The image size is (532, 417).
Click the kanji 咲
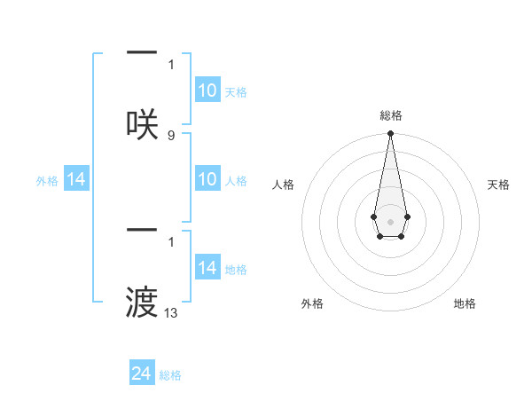click(142, 123)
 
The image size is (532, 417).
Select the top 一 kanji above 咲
click(142, 53)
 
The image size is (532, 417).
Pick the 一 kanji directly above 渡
click(142, 231)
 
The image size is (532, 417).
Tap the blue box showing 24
click(142, 374)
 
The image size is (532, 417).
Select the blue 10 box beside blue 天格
click(207, 90)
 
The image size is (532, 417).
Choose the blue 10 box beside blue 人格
click(207, 179)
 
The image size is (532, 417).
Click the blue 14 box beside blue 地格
click(207, 268)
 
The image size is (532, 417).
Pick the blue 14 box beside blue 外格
click(76, 179)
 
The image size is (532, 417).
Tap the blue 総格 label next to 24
click(170, 375)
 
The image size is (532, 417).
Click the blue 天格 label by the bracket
click(236, 92)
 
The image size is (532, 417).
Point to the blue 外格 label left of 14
click(47, 181)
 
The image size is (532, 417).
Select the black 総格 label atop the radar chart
click(390, 115)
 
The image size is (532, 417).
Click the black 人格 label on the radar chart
click(284, 185)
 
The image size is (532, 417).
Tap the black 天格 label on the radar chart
click(498, 185)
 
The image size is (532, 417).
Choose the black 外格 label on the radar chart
click(312, 303)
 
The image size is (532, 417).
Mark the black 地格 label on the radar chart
click(465, 303)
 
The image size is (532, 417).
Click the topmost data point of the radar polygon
click(390, 134)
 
